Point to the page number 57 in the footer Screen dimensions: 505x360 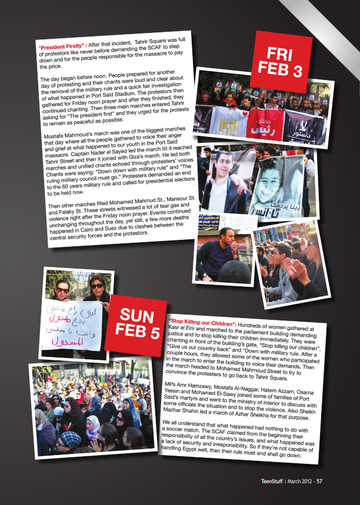pos(319,481)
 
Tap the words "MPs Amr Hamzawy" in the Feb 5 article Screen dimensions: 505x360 pos(188,382)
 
